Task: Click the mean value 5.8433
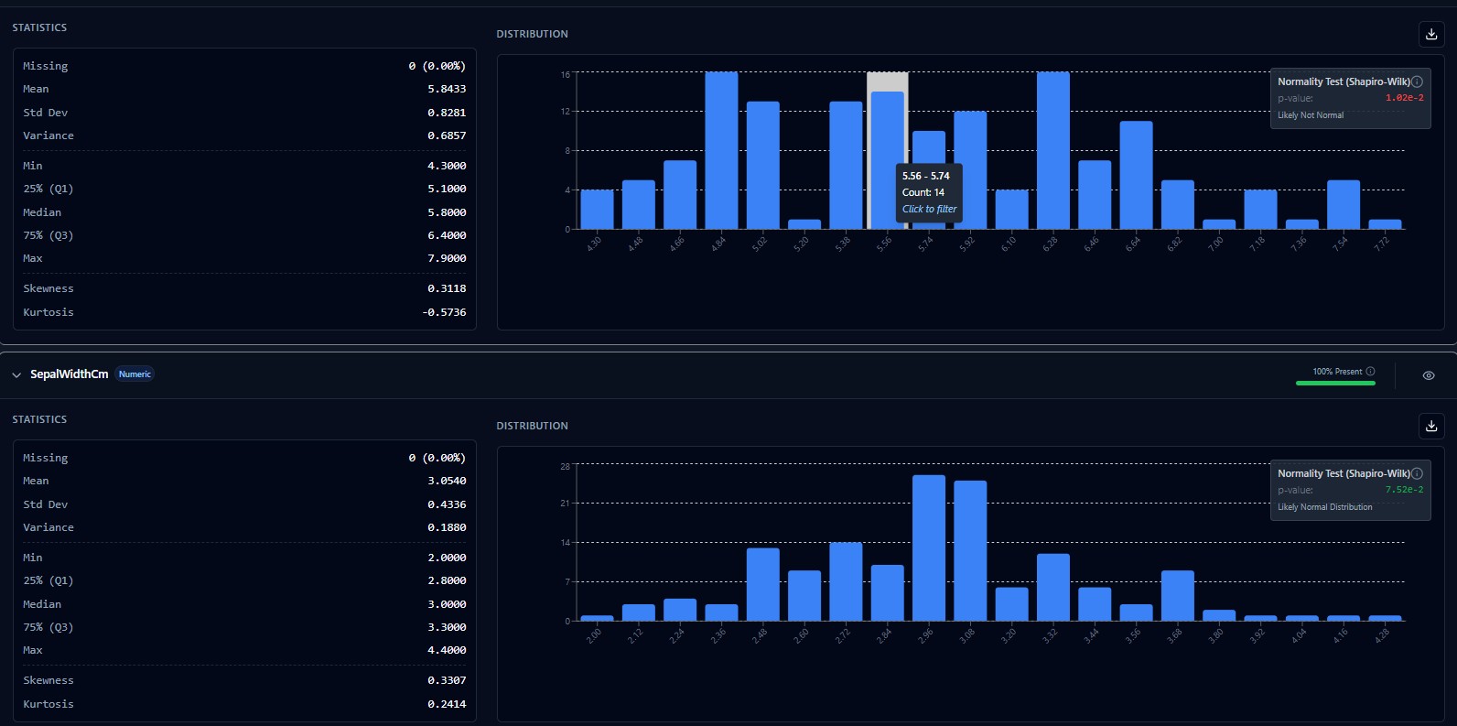(447, 89)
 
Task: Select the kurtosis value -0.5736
(444, 312)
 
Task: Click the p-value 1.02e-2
(1404, 98)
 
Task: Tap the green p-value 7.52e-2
(1404, 490)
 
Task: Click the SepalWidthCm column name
(69, 374)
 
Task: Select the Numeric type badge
(135, 374)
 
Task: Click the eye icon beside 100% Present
(1429, 375)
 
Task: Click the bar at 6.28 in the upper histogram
(1052, 151)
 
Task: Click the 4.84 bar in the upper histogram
(721, 151)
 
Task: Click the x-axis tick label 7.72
(1382, 243)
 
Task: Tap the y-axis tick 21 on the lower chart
(565, 504)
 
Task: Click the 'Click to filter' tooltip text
(929, 209)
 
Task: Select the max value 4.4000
(447, 650)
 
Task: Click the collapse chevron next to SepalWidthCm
(16, 375)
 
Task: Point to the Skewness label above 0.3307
(49, 680)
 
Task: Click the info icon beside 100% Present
(1370, 371)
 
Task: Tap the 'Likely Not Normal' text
(1311, 115)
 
